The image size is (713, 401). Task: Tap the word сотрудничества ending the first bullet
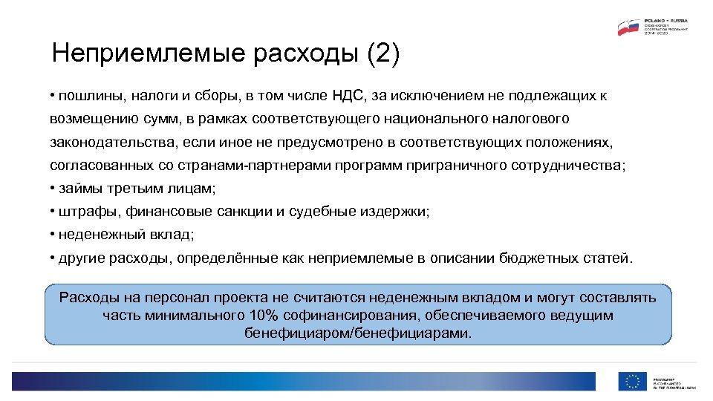[x=568, y=165]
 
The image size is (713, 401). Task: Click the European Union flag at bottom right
[x=632, y=380]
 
